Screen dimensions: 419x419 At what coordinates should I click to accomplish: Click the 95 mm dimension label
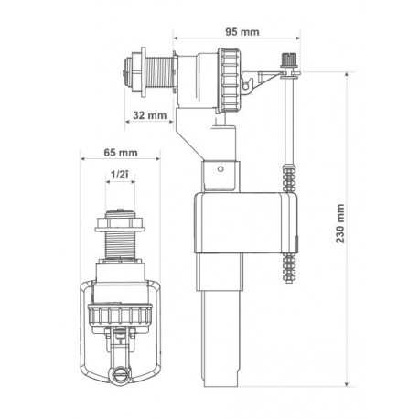(x=242, y=32)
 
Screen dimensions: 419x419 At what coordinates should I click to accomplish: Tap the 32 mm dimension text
(x=149, y=115)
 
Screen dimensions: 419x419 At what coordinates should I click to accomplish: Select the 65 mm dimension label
(x=121, y=152)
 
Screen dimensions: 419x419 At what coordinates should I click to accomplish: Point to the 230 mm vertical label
(x=340, y=223)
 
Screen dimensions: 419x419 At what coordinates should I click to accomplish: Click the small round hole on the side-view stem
(x=220, y=168)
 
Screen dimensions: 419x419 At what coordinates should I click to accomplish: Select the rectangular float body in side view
(x=246, y=223)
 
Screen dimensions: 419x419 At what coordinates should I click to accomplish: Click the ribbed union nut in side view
(x=229, y=81)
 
